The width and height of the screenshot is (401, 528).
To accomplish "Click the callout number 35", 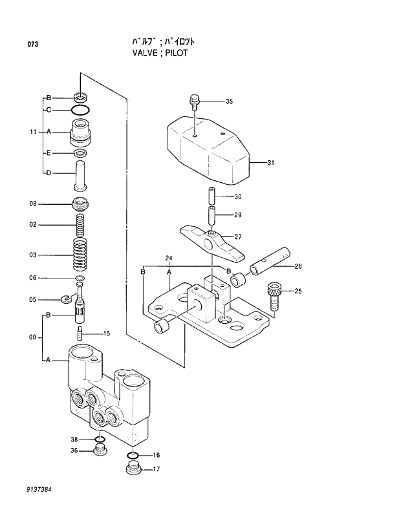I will pyautogui.click(x=228, y=101).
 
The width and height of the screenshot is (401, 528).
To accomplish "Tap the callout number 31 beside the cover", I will pyautogui.click(x=270, y=163).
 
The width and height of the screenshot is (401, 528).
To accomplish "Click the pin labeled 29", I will pyautogui.click(x=211, y=215).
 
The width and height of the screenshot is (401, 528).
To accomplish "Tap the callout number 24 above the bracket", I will pyautogui.click(x=169, y=259).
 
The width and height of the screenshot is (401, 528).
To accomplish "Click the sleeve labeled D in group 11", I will pyautogui.click(x=81, y=173).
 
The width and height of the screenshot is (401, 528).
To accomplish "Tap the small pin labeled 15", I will pyautogui.click(x=80, y=334).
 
